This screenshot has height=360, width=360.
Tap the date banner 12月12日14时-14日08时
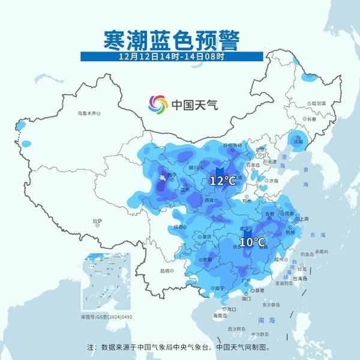(172, 57)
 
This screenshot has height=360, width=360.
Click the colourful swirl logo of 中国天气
(158, 104)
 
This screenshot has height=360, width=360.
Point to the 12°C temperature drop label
(222, 180)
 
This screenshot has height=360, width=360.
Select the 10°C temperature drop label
(252, 242)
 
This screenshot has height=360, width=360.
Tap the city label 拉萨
(97, 221)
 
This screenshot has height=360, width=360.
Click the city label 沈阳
(299, 142)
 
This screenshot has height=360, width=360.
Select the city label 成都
(178, 227)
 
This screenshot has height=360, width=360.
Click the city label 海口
(232, 308)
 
